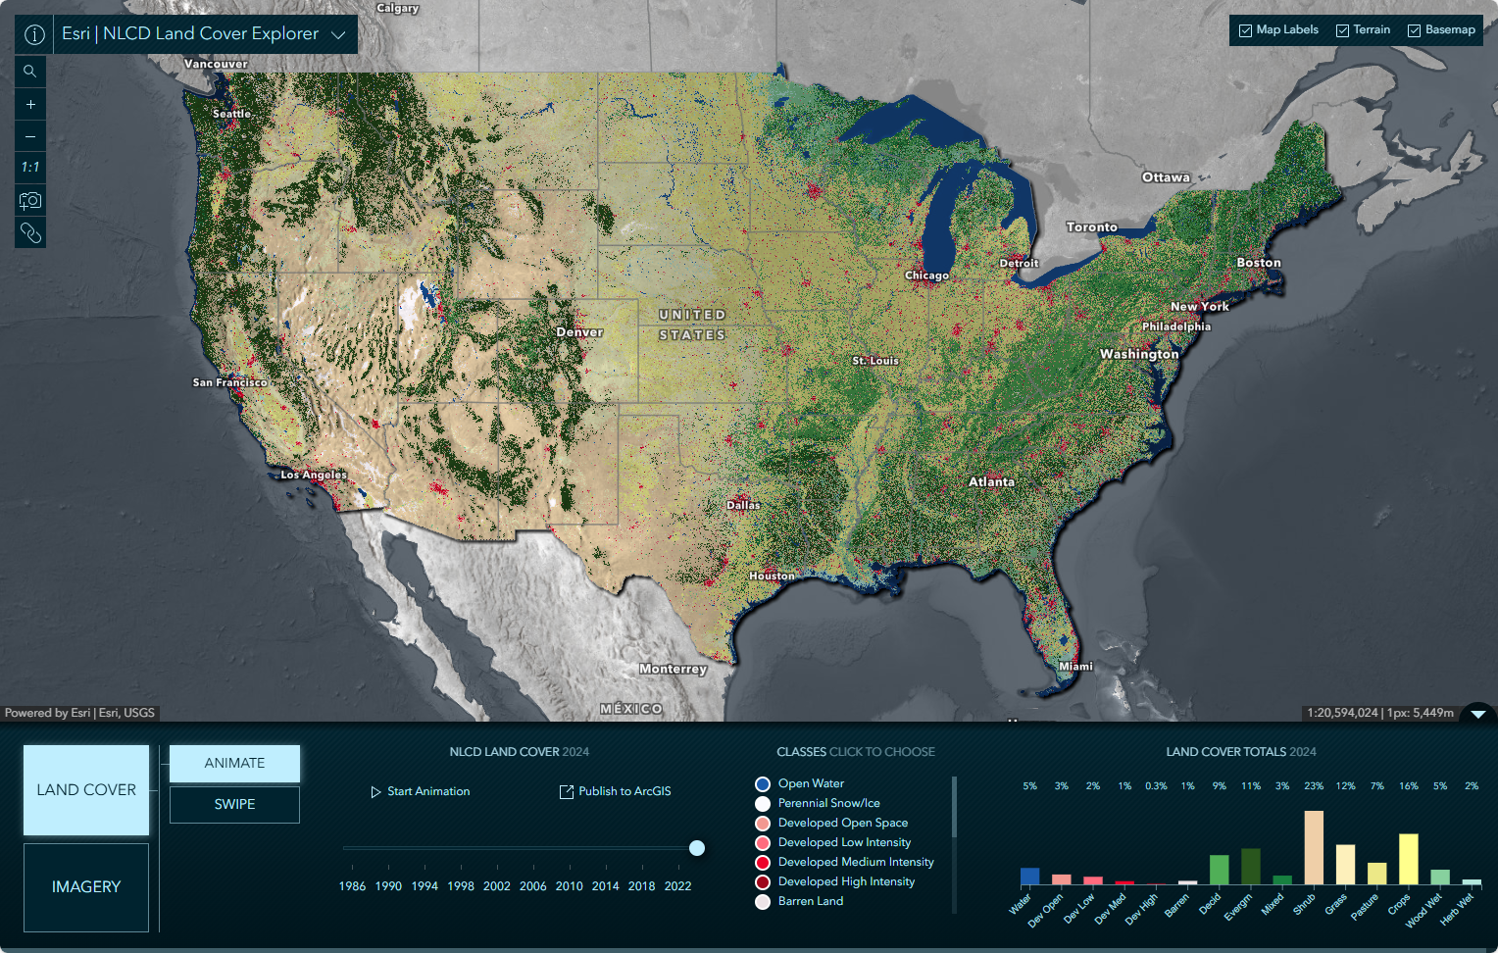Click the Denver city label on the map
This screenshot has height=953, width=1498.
coord(579,332)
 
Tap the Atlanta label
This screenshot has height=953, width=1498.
coord(991,481)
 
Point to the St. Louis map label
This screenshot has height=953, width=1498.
coord(874,361)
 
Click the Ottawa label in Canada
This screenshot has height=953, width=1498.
coord(1166,177)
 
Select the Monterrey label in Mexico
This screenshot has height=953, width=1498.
coord(673,669)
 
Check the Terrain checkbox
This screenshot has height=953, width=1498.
coord(1343,30)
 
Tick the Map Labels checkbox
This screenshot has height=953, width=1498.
coord(1246,30)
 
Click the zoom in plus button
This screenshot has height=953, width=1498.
coord(30,104)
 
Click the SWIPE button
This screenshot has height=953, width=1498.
coord(234,804)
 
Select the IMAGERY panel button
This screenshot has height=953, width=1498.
coord(86,886)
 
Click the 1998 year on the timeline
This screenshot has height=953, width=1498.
coord(461,885)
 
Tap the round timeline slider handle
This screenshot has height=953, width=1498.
coord(697,848)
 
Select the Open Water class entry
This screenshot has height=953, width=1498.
coord(810,783)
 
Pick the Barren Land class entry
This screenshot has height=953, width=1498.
coord(810,901)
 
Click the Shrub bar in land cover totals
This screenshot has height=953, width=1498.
coord(1314,847)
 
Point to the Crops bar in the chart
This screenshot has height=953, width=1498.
coord(1408,859)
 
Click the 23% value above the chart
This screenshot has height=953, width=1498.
coord(1314,786)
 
